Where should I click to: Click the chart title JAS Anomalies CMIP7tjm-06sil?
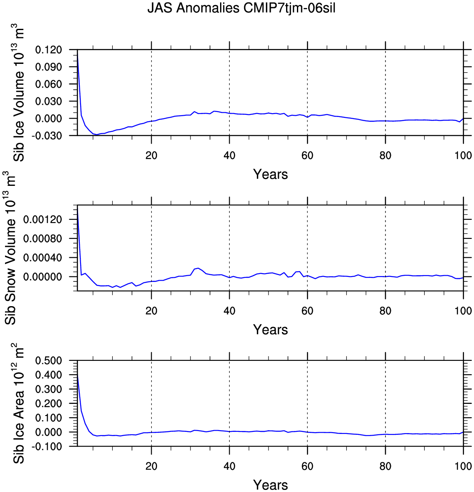[x=241, y=8]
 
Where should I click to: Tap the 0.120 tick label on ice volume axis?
[x=48, y=50]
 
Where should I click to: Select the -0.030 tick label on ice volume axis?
[x=47, y=136]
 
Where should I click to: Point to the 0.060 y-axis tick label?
[x=48, y=84]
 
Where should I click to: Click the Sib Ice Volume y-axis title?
[x=19, y=93]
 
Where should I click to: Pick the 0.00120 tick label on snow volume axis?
[x=43, y=219]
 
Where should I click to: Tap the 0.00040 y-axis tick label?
[x=43, y=258]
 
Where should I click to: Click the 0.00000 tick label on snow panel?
[x=43, y=277]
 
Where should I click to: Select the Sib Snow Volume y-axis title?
[x=10, y=248]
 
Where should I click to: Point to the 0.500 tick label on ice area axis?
[x=48, y=360]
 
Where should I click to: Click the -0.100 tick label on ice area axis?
[x=47, y=446]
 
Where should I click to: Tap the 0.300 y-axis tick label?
[x=48, y=389]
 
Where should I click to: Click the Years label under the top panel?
[x=270, y=174]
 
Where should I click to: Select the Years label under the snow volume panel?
[x=270, y=330]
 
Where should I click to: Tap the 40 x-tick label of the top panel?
[x=229, y=155]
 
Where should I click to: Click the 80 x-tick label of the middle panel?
[x=385, y=311]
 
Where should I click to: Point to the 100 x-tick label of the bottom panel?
[x=463, y=466]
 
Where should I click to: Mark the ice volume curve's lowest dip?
[x=96, y=134]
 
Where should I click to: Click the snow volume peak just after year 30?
[x=198, y=268]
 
